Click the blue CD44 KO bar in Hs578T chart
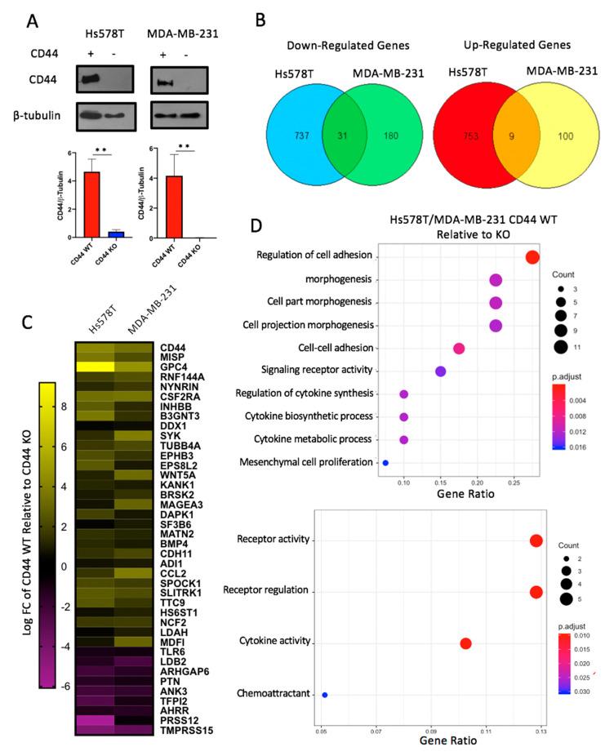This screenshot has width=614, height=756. pos(121,233)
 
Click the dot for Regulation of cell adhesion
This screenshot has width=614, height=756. pos(532,258)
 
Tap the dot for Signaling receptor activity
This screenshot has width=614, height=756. pos(441,371)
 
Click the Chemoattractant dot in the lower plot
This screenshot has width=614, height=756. pos(324,695)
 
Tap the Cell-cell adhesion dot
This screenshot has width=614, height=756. pos(459,349)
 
